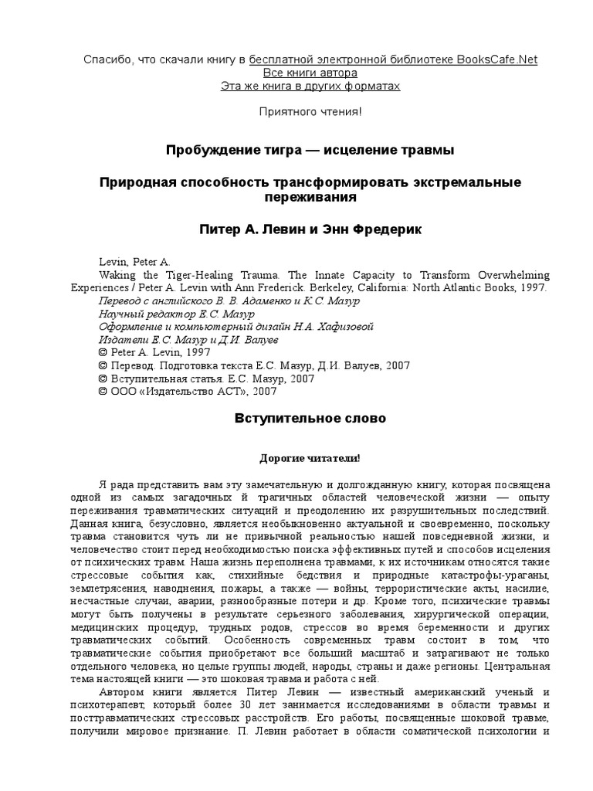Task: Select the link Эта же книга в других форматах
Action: [311, 86]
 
